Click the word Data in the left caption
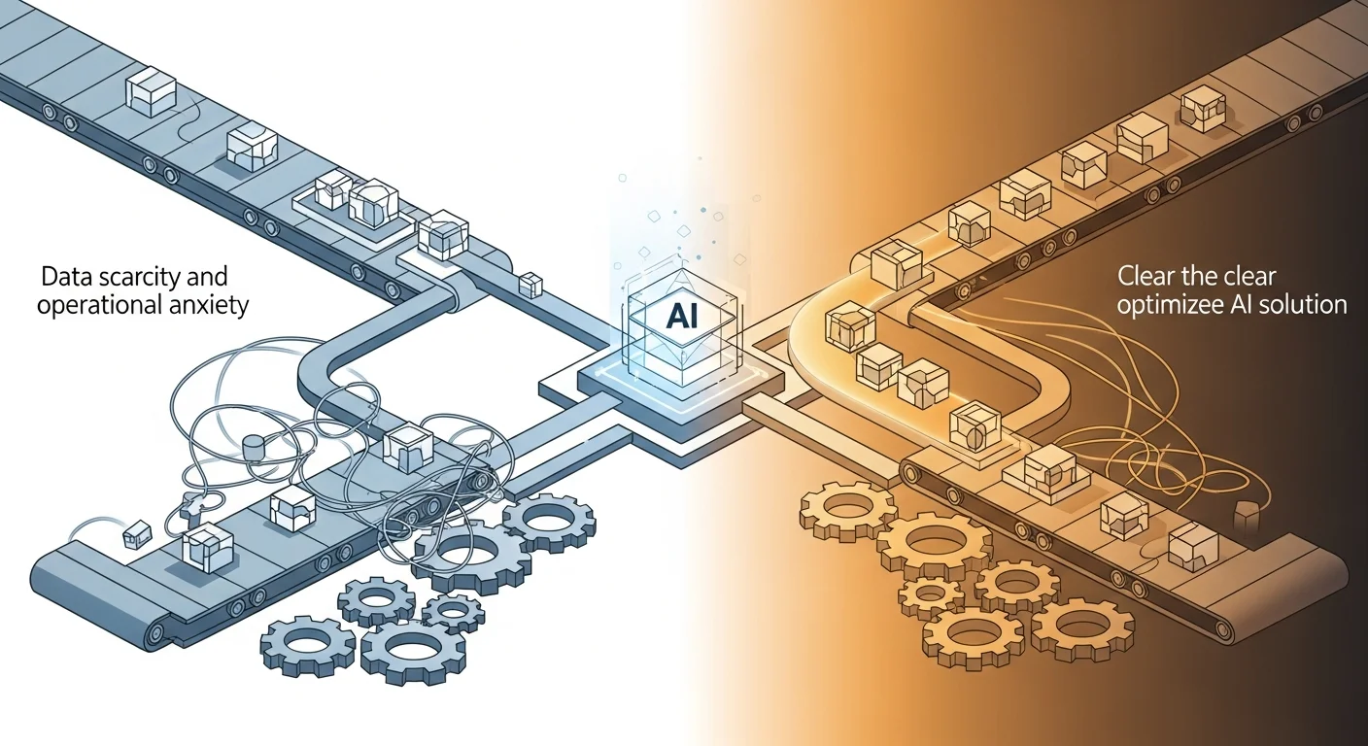point(65,277)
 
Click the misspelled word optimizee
point(1168,305)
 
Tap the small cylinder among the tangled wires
point(253,448)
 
